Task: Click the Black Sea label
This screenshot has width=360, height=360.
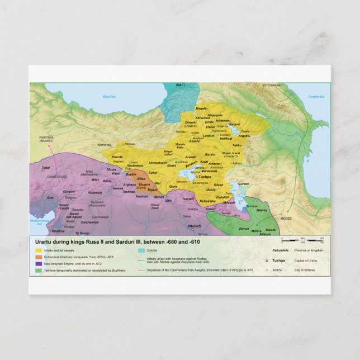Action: point(108,97)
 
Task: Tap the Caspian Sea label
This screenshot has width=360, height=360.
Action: point(316,97)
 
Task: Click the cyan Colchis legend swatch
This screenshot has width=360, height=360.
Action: point(141,250)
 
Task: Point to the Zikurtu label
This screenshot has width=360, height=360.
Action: point(262,210)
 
